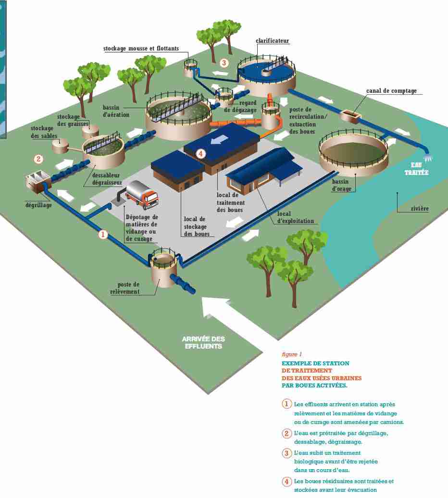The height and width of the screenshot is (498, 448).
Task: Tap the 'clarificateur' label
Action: [272, 41]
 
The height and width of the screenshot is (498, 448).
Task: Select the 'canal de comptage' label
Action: [391, 91]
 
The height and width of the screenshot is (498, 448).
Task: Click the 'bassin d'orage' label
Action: [344, 186]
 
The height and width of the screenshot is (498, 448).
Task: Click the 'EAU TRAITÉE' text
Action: [419, 169]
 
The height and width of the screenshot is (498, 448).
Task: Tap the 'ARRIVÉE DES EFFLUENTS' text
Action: [203, 343]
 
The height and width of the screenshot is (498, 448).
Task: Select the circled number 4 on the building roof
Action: [201, 154]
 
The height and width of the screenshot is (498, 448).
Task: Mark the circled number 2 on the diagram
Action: [38, 159]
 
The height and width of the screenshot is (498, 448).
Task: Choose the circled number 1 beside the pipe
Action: [102, 235]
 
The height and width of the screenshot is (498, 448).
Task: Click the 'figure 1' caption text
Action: [292, 354]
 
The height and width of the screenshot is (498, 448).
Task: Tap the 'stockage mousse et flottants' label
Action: [141, 49]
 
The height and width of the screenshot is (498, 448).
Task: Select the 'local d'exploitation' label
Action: [295, 218]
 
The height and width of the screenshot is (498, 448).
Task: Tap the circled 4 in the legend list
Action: [287, 482]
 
